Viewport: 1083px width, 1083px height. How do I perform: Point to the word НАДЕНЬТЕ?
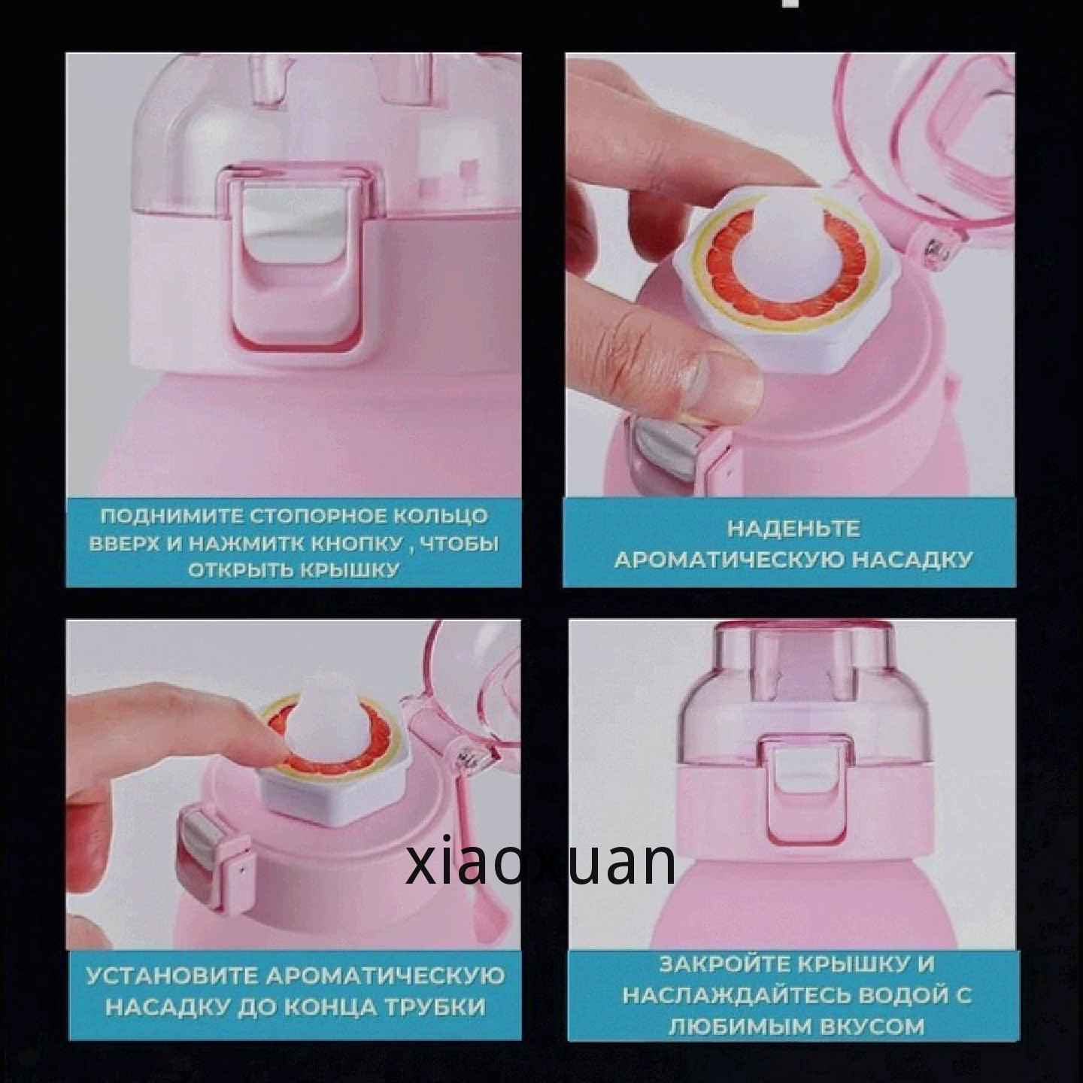[x=793, y=529]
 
